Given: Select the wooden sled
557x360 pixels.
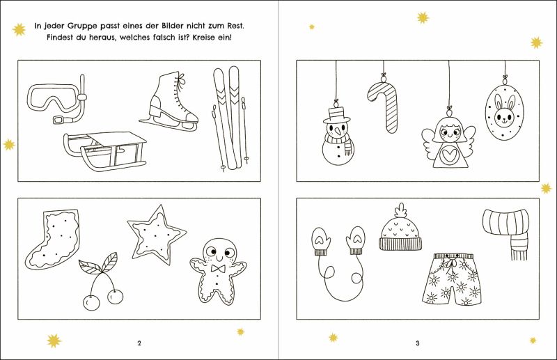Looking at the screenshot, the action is coord(106,151).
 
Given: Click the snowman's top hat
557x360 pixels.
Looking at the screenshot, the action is coord(336,114).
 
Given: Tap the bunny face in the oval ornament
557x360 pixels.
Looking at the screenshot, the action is coord(505,110).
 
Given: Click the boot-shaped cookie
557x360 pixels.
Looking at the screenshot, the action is coord(54,238).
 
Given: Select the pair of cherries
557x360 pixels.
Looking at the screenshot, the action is coord(101,281).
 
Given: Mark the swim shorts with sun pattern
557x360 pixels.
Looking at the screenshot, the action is coord(452,280).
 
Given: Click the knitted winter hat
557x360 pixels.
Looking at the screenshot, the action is coord(401,229).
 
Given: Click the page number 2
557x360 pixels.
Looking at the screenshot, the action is coord(139,343).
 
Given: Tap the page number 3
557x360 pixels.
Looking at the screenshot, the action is coord(418,343).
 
